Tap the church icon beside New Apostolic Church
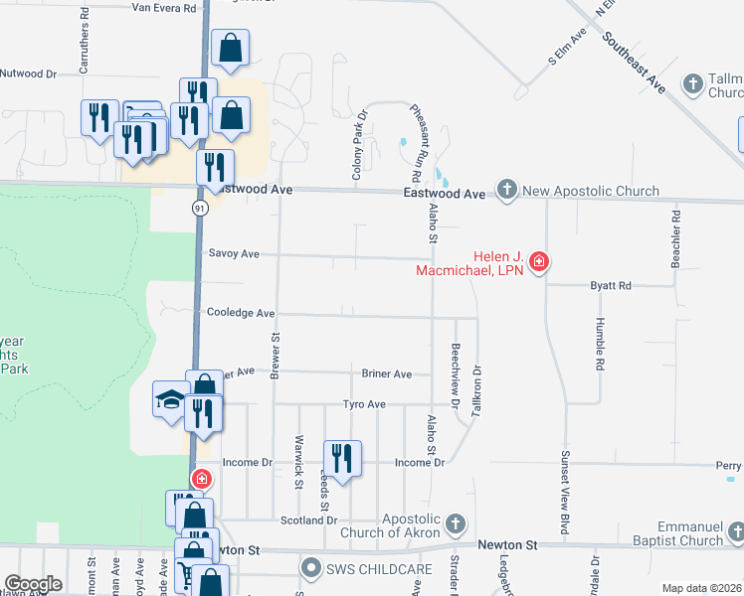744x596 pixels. pyautogui.click(x=507, y=190)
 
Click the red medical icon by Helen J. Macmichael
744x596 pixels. pyautogui.click(x=539, y=262)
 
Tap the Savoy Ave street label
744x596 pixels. pyautogui.click(x=234, y=254)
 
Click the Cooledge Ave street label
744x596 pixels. pyautogui.click(x=240, y=313)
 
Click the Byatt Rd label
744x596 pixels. pyautogui.click(x=611, y=285)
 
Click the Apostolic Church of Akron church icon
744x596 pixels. pyautogui.click(x=456, y=523)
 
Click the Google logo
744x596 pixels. pyautogui.click(x=33, y=584)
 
